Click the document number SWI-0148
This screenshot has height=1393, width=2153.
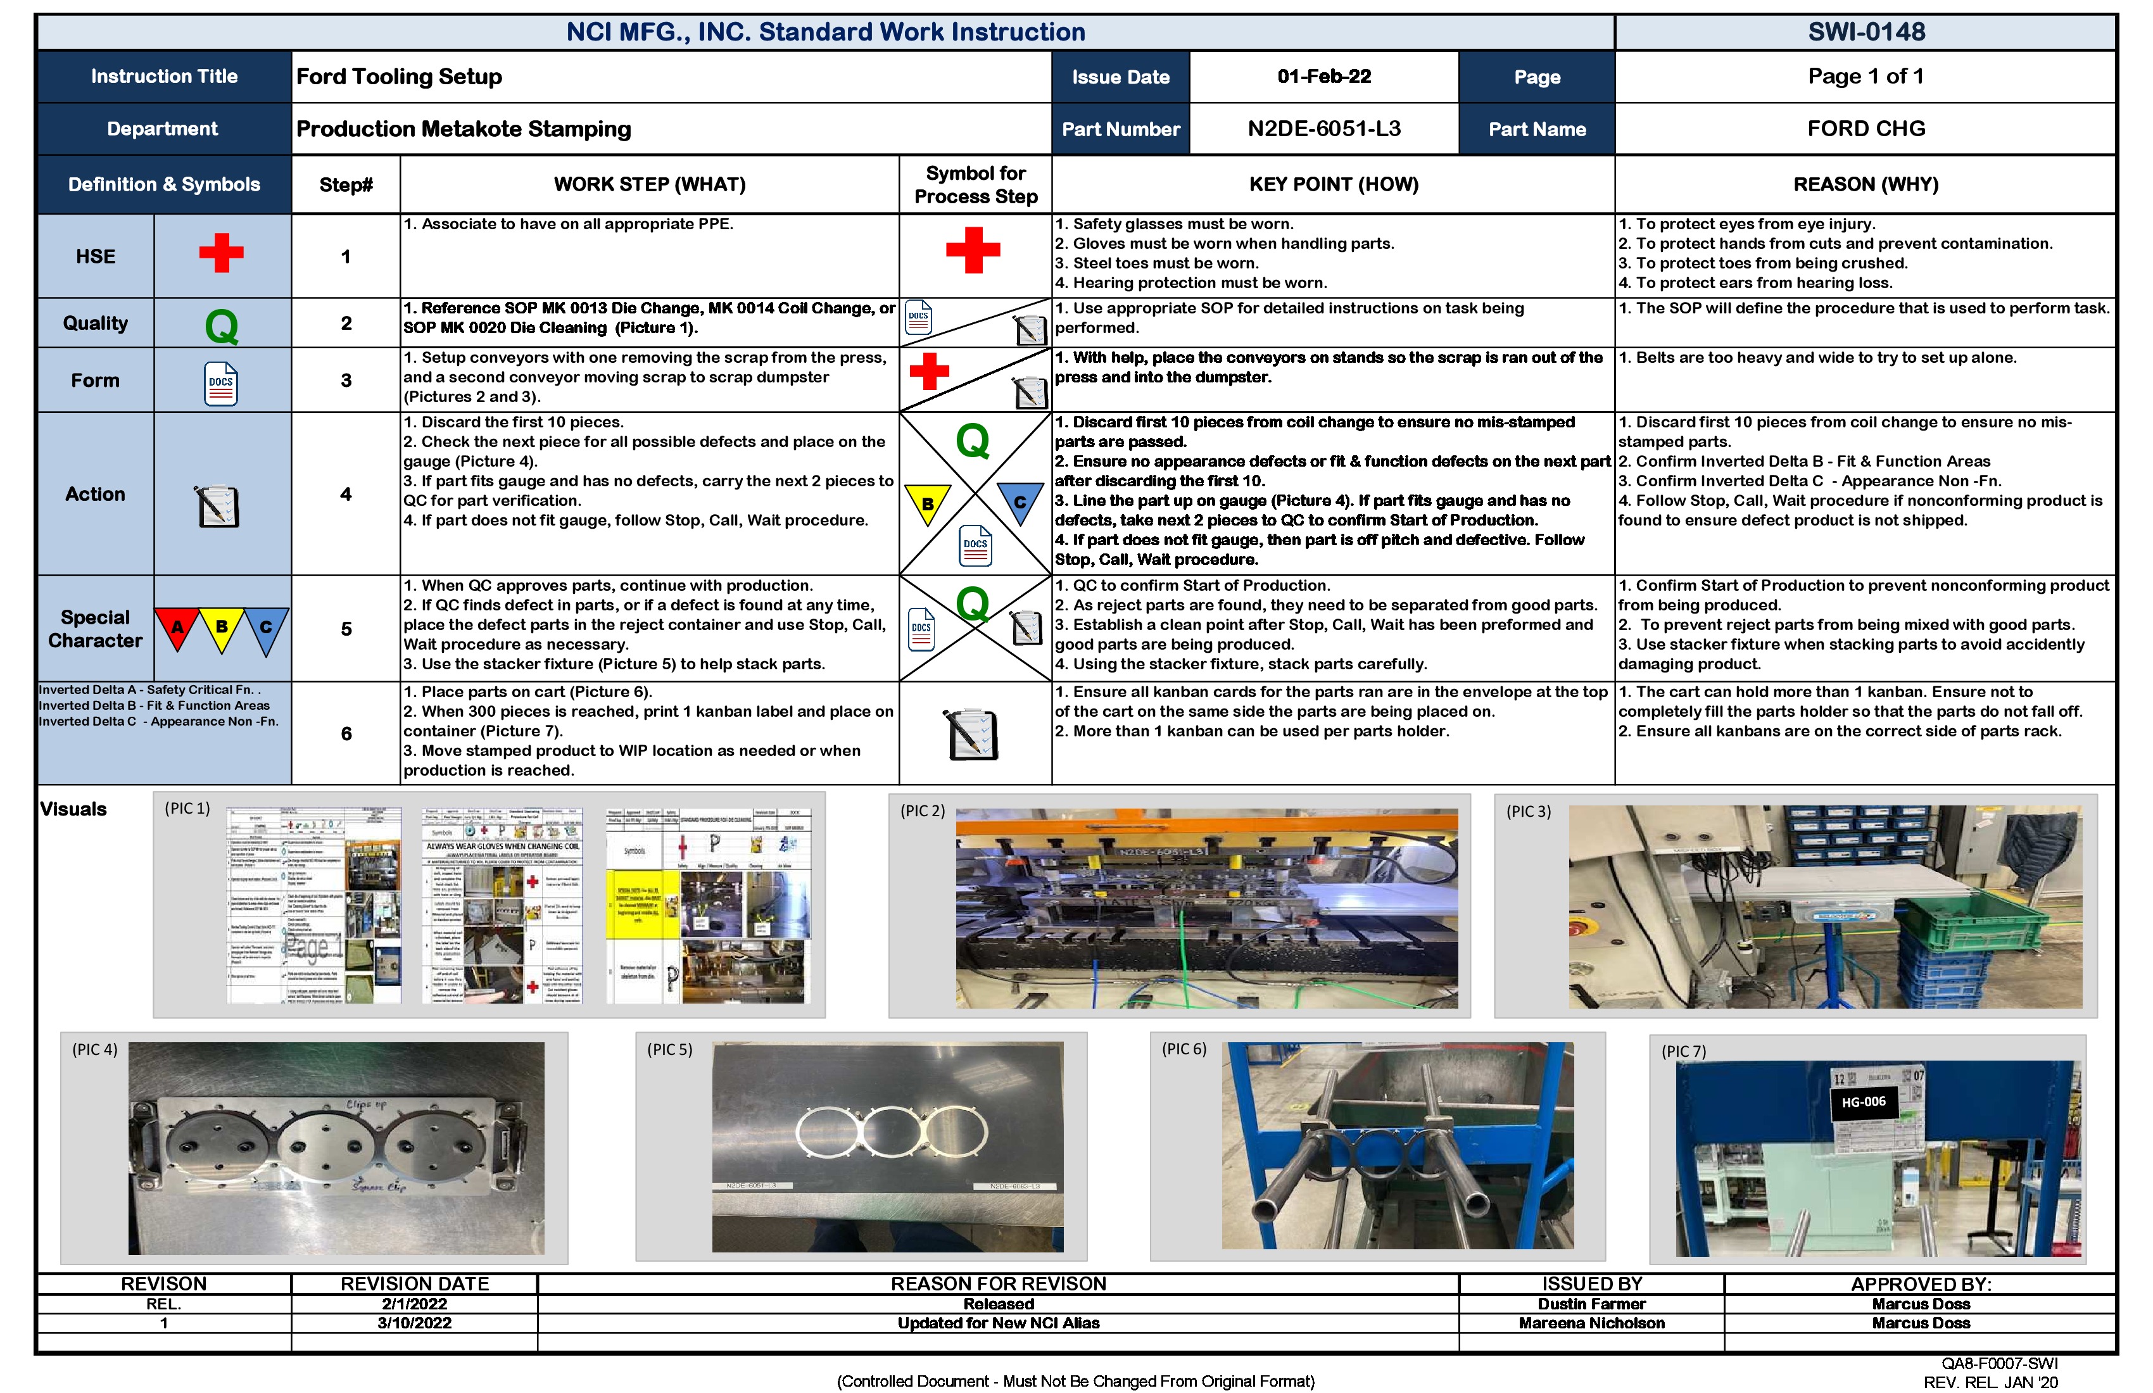click(1866, 32)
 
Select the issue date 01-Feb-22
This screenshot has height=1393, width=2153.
click(1323, 77)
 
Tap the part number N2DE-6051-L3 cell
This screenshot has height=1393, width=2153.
click(1323, 129)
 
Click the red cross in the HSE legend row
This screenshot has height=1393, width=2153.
click(222, 253)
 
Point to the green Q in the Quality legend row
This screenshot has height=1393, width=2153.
click(222, 325)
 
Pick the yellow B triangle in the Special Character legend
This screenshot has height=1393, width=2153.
click(222, 627)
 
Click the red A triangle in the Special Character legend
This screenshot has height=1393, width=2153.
click(177, 627)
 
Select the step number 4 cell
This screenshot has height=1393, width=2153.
click(346, 494)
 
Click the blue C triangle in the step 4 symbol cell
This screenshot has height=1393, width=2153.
click(1020, 502)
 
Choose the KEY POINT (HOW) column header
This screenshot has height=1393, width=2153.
click(1334, 184)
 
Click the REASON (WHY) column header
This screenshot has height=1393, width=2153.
click(1866, 184)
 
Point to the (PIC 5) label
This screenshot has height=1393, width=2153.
click(669, 1049)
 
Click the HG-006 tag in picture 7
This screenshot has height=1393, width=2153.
click(1864, 1102)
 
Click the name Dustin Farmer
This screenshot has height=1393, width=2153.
click(1591, 1304)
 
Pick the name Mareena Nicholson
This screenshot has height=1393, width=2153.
click(1591, 1323)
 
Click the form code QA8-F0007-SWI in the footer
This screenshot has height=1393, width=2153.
click(1998, 1363)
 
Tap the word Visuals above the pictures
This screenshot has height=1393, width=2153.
click(73, 810)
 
